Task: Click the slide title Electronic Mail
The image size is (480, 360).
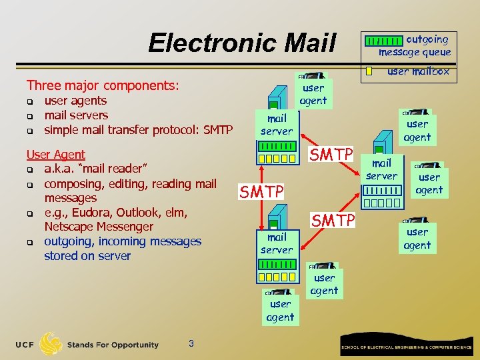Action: point(242,43)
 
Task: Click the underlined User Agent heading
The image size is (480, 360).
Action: point(56,155)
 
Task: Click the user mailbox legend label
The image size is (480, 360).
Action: point(419,71)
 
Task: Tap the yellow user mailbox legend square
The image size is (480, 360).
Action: point(369,71)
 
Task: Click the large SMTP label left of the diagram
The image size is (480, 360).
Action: point(262,192)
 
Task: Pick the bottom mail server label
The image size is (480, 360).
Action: point(277,243)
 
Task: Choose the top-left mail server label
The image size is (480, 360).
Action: point(277,125)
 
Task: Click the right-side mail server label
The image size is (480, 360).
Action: point(381,169)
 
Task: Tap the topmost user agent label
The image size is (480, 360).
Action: point(313,95)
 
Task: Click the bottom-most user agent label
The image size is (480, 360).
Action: point(280,311)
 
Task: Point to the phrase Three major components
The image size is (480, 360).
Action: point(103,85)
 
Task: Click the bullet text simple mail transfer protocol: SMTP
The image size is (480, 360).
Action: point(138,129)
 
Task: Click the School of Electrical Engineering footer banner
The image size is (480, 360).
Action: point(407,347)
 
